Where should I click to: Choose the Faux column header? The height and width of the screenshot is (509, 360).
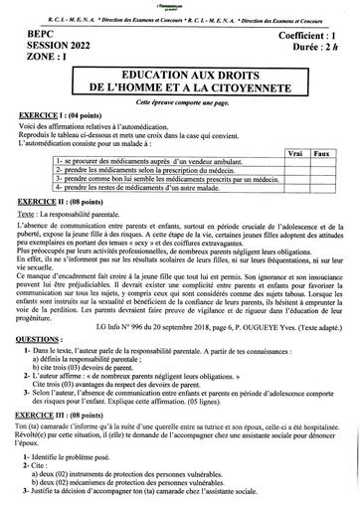pos(320,154)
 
